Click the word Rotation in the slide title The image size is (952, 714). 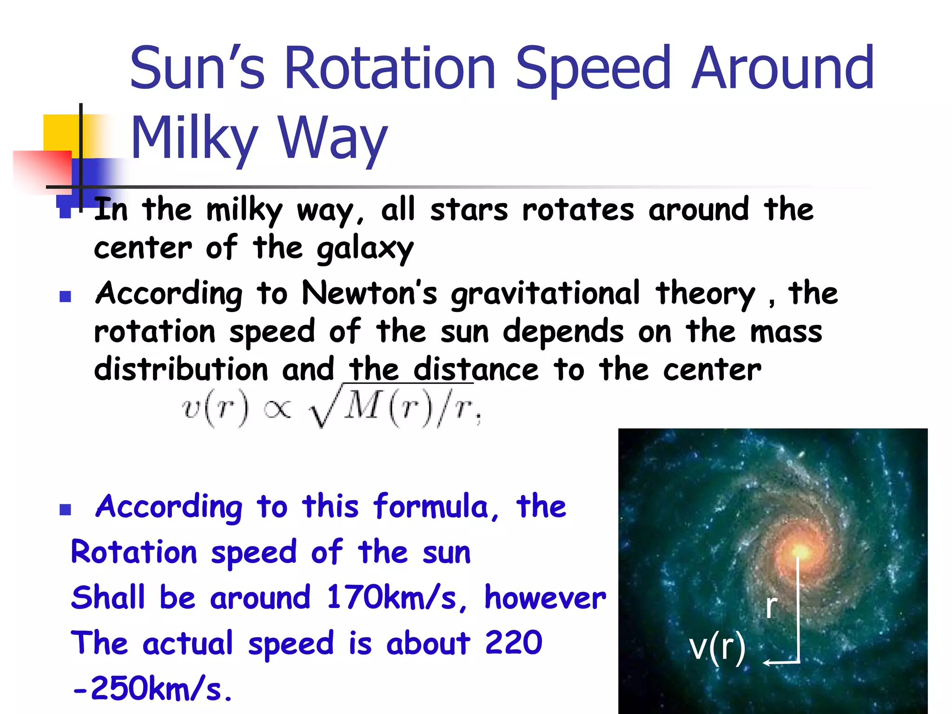(390, 68)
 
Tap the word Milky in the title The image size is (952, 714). (194, 138)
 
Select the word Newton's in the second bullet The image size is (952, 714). (370, 293)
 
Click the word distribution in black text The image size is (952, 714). (181, 370)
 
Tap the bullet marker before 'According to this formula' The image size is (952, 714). (65, 510)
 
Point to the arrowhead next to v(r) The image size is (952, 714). (767, 662)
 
